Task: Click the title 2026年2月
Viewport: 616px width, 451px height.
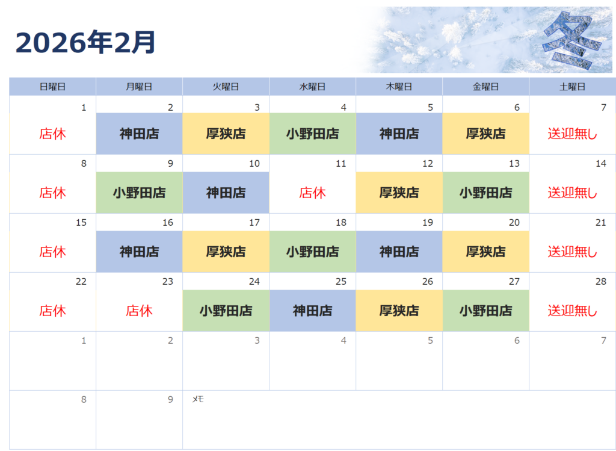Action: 85,42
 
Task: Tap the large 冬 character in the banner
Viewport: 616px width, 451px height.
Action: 572,39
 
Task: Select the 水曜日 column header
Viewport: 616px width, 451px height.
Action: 312,87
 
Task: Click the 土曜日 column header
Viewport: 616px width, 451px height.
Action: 573,87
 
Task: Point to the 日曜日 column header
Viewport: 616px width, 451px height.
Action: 53,87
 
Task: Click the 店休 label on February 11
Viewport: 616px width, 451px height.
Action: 312,193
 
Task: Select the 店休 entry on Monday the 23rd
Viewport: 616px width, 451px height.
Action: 139,311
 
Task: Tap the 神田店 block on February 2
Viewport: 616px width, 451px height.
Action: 140,134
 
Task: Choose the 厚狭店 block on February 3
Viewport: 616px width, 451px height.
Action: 226,134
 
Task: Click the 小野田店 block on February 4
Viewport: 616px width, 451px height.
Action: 313,134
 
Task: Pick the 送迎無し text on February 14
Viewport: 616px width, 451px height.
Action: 573,193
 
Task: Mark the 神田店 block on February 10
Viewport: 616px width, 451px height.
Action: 226,193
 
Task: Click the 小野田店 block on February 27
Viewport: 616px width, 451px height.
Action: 486,311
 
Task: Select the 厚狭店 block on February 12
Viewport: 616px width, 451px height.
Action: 399,193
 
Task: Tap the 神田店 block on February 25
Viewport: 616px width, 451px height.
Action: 313,311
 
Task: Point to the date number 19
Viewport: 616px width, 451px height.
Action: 428,223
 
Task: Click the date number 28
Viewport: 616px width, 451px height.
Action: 601,282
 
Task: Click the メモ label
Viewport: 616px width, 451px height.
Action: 197,399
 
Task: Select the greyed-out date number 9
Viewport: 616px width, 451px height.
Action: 170,399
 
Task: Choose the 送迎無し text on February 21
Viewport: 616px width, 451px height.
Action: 573,252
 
